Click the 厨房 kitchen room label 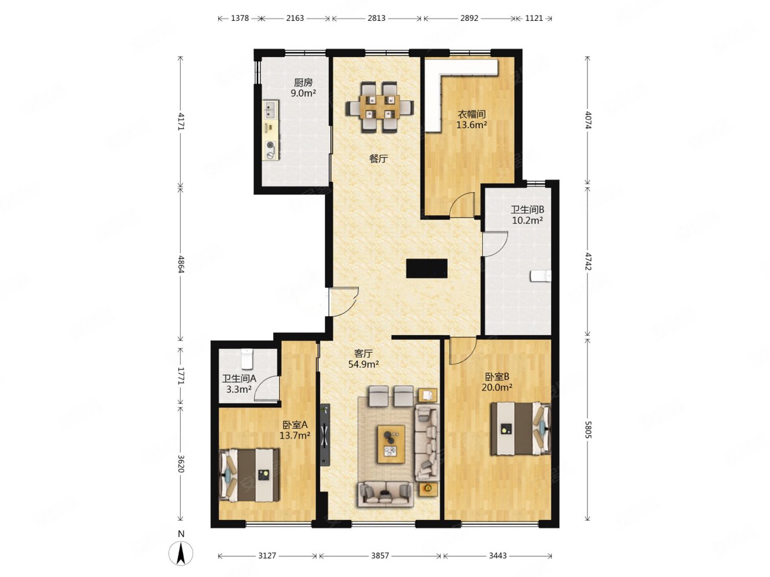303,83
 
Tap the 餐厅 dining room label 378,159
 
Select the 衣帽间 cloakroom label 471,114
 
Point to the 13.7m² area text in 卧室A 295,436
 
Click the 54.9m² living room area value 363,364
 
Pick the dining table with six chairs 380,107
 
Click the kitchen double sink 270,109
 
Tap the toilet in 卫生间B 541,276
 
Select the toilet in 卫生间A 247,358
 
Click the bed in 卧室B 520,429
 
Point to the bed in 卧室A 249,475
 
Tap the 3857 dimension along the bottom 380,556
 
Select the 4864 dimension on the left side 180,264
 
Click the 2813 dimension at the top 377,18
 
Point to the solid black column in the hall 426,268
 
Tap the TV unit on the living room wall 325,435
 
